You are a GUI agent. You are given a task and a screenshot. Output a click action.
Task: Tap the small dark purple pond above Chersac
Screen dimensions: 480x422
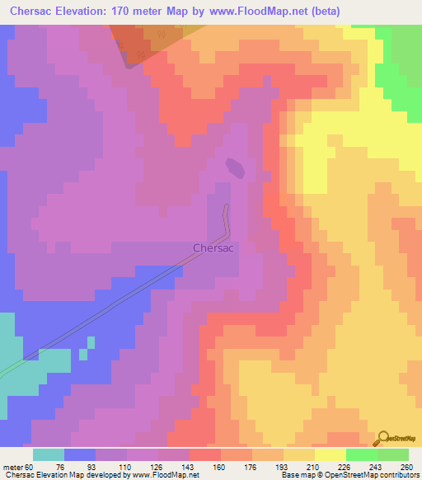pos(236,168)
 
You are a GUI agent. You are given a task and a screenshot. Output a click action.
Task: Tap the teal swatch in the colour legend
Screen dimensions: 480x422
pos(49,455)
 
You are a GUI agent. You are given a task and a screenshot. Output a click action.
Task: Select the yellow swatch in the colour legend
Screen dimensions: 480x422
pos(331,455)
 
